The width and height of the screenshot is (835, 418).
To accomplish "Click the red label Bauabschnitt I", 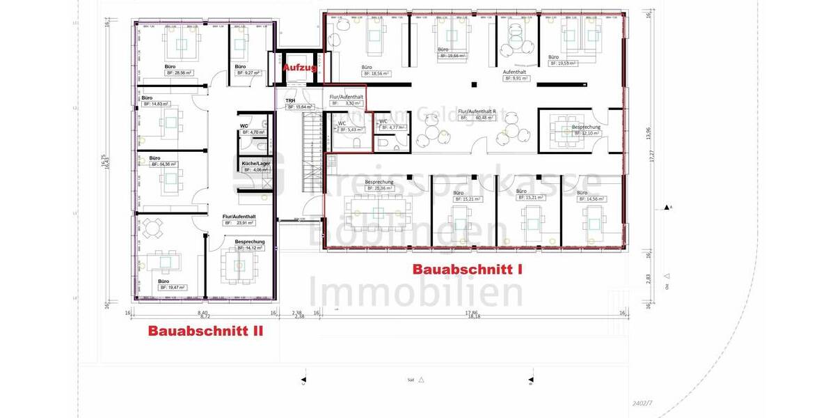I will point(467,269).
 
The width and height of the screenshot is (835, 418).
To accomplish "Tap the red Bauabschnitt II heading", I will point(205,332).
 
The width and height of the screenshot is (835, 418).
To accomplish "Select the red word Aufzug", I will point(300,68).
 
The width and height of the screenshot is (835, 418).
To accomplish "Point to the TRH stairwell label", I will point(290,100).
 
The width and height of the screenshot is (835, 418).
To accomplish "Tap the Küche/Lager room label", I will point(255,163).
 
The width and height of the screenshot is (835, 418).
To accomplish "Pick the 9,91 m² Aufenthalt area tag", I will point(516,79).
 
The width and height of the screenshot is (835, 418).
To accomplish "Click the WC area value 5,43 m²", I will point(351,130).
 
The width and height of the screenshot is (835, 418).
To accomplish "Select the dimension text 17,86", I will point(475,312).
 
